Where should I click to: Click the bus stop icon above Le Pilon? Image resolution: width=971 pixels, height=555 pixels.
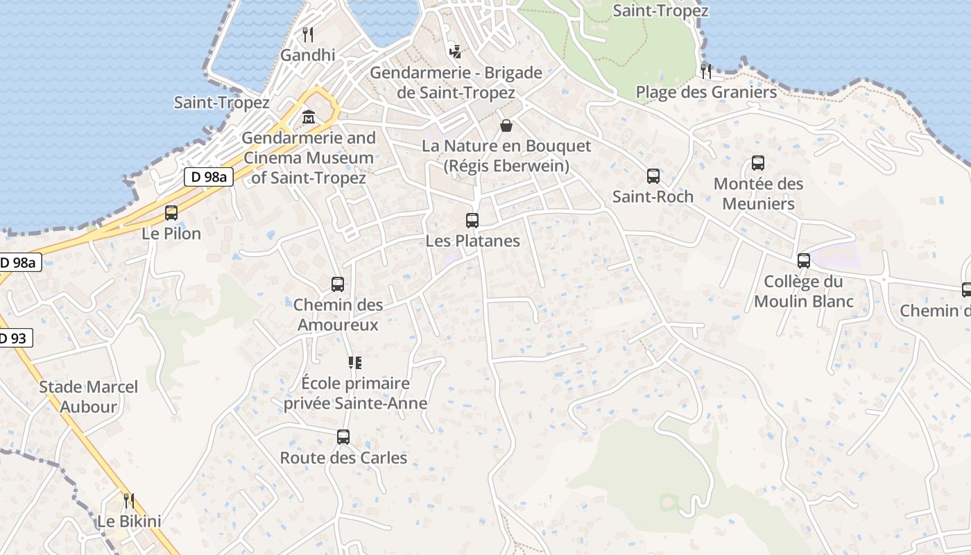(x=171, y=213)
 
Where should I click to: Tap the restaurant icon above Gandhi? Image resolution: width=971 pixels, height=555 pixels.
(x=308, y=34)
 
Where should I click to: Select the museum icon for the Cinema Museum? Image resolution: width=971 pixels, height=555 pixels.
(x=308, y=117)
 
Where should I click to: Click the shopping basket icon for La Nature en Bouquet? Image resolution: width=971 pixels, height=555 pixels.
(x=506, y=126)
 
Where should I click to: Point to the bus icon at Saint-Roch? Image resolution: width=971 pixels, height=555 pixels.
(x=653, y=176)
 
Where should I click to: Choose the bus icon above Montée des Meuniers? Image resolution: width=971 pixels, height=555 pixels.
(x=758, y=163)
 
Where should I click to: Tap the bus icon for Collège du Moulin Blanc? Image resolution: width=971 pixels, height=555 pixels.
(x=804, y=261)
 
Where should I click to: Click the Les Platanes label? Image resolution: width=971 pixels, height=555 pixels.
(x=472, y=241)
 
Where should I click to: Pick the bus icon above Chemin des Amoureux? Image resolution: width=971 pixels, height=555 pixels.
(x=338, y=284)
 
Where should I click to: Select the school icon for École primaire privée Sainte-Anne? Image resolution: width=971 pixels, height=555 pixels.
(x=355, y=362)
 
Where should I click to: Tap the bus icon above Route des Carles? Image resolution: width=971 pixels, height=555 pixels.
(x=343, y=437)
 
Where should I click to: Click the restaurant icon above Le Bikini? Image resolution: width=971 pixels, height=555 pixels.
(x=128, y=500)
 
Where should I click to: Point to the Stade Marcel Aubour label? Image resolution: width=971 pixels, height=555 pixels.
(x=88, y=397)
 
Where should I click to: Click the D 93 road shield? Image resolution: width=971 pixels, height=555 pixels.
(x=13, y=339)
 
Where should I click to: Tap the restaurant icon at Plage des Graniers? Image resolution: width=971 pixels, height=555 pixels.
(x=706, y=71)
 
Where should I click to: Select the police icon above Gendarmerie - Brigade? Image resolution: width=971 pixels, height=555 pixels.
(x=456, y=51)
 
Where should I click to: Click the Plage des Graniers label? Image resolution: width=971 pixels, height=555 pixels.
(x=706, y=92)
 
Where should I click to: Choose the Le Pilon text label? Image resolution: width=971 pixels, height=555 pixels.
(x=171, y=234)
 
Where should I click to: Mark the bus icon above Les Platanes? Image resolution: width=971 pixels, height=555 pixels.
(x=472, y=221)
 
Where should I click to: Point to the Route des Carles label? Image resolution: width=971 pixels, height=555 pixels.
(x=343, y=458)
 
